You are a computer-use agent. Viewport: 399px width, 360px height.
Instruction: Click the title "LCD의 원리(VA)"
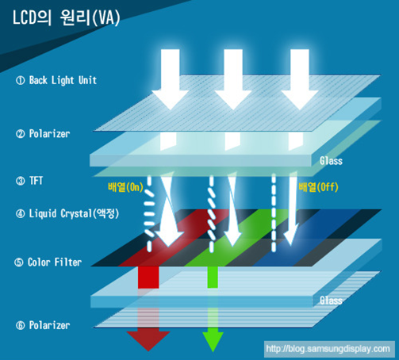click(67, 18)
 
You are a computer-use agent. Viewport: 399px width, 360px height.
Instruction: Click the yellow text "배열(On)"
click(125, 187)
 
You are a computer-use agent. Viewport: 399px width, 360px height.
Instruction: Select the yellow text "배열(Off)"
click(318, 187)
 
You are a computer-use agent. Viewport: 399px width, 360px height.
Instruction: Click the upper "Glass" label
click(331, 161)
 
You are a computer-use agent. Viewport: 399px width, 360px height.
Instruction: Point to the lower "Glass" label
click(331, 301)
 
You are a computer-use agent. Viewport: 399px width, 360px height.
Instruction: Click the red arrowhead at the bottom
click(148, 341)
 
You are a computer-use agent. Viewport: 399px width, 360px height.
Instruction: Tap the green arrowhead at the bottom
click(213, 342)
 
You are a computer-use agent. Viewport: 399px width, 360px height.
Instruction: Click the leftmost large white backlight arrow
click(171, 79)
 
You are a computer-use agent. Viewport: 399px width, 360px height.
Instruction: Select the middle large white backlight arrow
click(233, 79)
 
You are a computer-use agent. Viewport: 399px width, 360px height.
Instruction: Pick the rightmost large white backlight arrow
click(300, 79)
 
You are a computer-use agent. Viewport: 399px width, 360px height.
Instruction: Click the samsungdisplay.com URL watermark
click(328, 349)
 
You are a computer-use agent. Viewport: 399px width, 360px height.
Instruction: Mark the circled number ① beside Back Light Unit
click(21, 80)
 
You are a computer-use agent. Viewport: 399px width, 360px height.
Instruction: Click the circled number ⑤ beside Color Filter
click(19, 262)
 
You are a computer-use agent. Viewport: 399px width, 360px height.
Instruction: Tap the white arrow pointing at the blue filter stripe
click(291, 209)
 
